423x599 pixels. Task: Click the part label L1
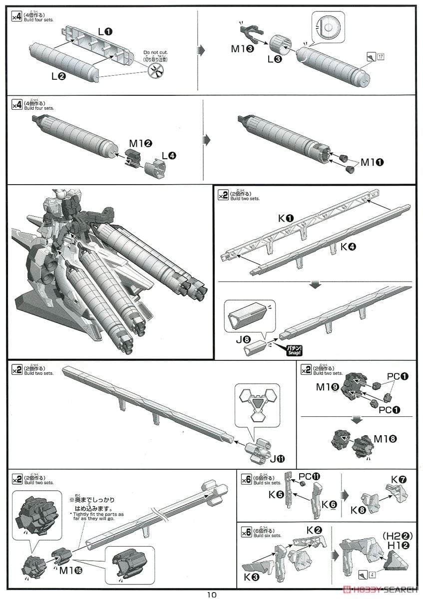point(105,31)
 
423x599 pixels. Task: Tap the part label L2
point(57,76)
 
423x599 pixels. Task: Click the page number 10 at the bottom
point(212,594)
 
